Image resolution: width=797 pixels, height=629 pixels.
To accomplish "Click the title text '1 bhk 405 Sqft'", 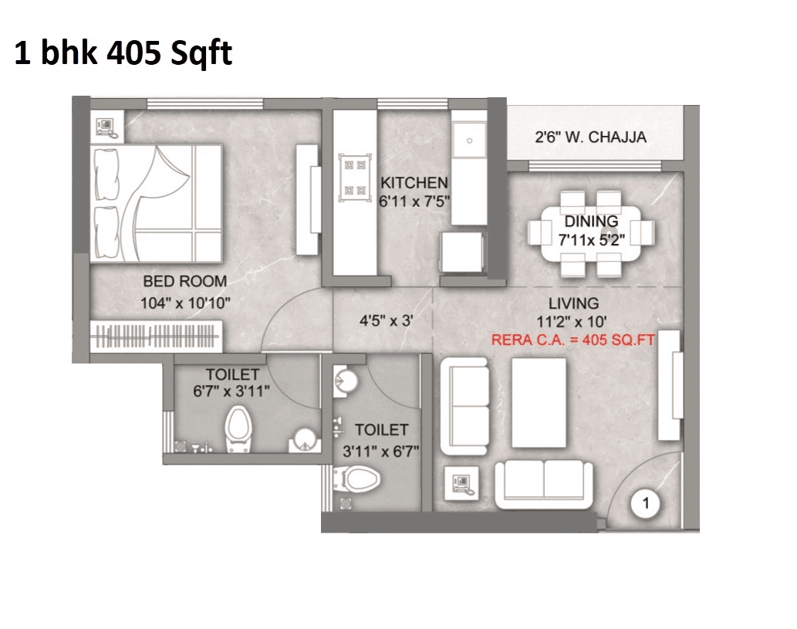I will pyautogui.click(x=123, y=55).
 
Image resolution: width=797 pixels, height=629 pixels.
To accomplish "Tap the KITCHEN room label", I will pyautogui.click(x=414, y=184).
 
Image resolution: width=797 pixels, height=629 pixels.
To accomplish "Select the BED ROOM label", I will pyautogui.click(x=185, y=281).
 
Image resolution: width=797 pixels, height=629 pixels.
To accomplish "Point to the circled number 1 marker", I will pyautogui.click(x=646, y=505).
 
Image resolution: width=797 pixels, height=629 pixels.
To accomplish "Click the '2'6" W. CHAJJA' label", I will pyautogui.click(x=590, y=138).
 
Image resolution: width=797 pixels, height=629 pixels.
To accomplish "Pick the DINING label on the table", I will pyautogui.click(x=591, y=222).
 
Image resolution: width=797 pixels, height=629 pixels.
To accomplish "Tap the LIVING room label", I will pyautogui.click(x=573, y=303).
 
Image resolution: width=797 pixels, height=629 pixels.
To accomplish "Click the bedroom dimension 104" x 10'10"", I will pyautogui.click(x=186, y=303).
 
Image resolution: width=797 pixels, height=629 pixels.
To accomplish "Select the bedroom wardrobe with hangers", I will pyautogui.click(x=157, y=337).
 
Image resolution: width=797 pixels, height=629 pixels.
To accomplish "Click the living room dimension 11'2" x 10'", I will pyautogui.click(x=573, y=321).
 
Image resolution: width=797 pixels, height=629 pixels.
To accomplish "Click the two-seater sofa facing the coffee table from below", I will pyautogui.click(x=545, y=482).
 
